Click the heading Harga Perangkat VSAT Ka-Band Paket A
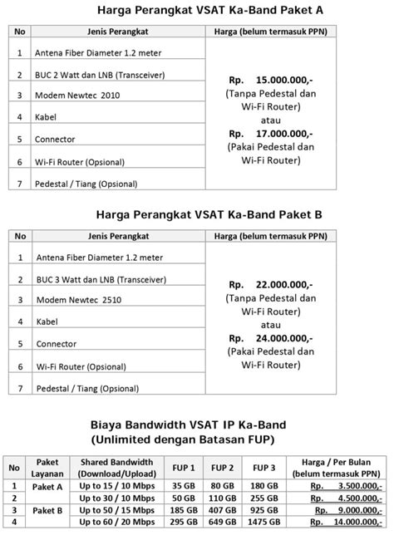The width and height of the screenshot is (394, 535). pyautogui.click(x=197, y=11)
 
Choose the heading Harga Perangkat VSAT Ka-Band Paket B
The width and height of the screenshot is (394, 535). pyautogui.click(x=197, y=214)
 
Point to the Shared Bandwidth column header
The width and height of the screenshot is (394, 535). pyautogui.click(x=116, y=468)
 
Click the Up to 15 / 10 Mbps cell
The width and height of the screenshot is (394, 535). pyautogui.click(x=116, y=486)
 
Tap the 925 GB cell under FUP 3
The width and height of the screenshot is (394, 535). pyautogui.click(x=263, y=509)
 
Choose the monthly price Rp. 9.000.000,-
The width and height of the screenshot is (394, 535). pyautogui.click(x=346, y=509)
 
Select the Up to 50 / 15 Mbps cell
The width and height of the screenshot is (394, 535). pyautogui.click(x=116, y=509)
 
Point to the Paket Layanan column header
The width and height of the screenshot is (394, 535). pyautogui.click(x=47, y=468)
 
